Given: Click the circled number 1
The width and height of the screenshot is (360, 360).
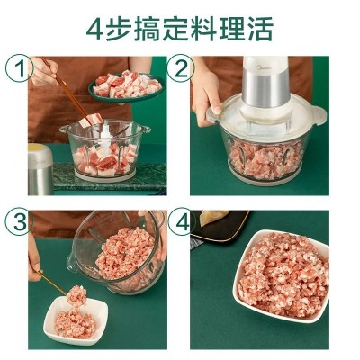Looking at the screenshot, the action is point(20,68).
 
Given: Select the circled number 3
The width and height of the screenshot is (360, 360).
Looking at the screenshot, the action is point(20,222).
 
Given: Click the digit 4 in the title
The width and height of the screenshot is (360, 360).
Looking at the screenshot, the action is point(94,30).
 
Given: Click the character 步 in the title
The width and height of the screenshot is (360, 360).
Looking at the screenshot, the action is point(119,29).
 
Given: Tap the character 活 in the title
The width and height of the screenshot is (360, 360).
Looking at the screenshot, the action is point(260,29).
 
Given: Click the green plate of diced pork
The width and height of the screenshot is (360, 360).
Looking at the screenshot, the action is point(126,86).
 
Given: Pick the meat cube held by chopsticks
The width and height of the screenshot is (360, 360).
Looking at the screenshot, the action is point(91,120).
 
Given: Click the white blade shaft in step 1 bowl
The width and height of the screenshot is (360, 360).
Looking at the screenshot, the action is point(106,138).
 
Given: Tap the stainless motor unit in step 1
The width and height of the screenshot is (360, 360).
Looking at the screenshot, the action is point(40,169).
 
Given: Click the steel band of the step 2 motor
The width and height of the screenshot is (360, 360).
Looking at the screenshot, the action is point(265,89).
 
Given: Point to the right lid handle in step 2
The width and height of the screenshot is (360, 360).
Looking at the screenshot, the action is point(318,115).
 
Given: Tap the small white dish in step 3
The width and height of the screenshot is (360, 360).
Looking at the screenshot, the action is point(76,320).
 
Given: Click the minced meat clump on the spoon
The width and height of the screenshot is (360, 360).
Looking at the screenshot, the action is point(76,295).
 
